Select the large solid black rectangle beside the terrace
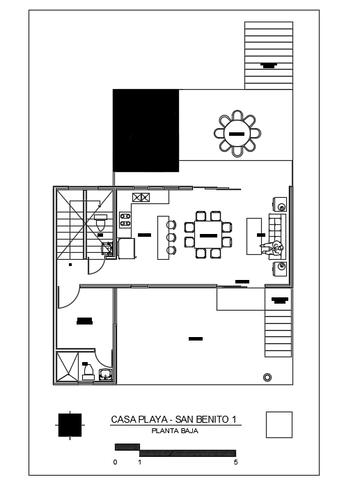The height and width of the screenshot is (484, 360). click(146, 130)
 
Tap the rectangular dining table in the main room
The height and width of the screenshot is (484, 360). click(208, 236)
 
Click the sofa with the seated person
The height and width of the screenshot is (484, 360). click(277, 235)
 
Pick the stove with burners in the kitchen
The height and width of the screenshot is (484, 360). click(125, 220)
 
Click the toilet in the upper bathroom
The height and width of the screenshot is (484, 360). click(101, 223)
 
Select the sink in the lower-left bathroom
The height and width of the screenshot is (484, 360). click(105, 375)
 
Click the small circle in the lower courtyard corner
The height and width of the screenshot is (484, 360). click(267, 377)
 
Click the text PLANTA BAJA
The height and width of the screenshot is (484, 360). click(175, 431)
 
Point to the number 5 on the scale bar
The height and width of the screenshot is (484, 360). click(236, 462)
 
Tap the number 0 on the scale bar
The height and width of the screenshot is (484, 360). click(115, 462)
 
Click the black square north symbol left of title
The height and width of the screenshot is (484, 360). click(70, 424)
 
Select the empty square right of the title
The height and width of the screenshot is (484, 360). click(279, 424)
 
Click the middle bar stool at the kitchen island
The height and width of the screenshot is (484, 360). click(170, 237)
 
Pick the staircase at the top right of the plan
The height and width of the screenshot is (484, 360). click(268, 54)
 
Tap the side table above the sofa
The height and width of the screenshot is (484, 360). click(281, 204)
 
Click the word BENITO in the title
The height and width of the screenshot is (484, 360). click(212, 419)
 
